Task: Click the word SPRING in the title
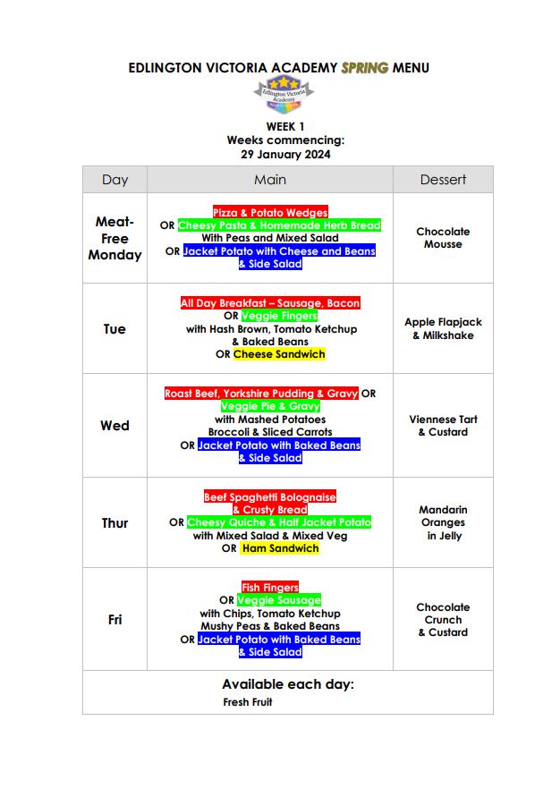364,68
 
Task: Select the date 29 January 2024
285,154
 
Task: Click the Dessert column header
443,180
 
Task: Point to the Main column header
270,180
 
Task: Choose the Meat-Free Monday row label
115,238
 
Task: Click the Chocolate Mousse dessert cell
443,238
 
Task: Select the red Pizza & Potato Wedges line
270,213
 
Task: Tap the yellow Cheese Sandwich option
279,354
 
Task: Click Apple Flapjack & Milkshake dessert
443,328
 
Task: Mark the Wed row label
115,426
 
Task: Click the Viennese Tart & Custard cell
443,426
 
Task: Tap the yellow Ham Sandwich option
279,548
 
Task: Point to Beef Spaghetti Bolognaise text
270,496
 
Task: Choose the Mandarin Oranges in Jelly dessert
443,522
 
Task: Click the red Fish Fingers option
270,588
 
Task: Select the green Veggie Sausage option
279,600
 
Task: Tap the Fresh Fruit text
248,702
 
